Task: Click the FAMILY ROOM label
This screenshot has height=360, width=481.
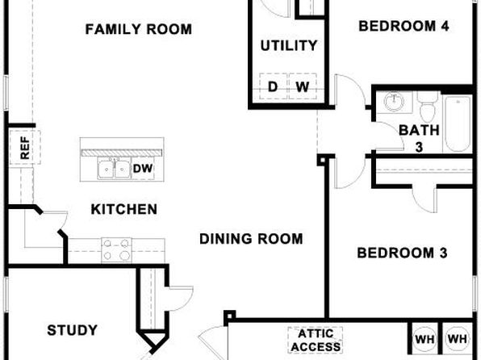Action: (138, 30)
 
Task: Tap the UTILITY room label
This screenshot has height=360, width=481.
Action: (289, 46)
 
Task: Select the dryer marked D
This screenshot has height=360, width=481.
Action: (273, 86)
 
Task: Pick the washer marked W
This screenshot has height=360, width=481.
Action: (303, 86)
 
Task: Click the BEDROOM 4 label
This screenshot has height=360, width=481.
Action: (404, 26)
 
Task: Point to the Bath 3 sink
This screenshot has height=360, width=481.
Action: (395, 102)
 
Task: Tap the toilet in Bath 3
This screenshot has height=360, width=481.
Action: (429, 107)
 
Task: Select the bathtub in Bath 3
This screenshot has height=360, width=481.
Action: (458, 123)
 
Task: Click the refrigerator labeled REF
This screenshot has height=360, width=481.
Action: (25, 147)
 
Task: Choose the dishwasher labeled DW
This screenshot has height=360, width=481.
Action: (143, 168)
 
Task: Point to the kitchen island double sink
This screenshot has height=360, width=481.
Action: (114, 168)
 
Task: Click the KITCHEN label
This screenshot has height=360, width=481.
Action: (124, 209)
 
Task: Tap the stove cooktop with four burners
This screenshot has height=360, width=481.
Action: (116, 250)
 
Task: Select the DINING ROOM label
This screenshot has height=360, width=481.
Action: (251, 239)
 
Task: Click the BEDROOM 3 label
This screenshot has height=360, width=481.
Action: (402, 253)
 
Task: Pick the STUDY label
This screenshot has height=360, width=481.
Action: (73, 330)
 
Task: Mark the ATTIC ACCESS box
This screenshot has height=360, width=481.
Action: (316, 340)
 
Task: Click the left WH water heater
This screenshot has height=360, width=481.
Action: (425, 339)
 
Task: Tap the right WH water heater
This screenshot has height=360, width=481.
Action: (458, 339)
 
